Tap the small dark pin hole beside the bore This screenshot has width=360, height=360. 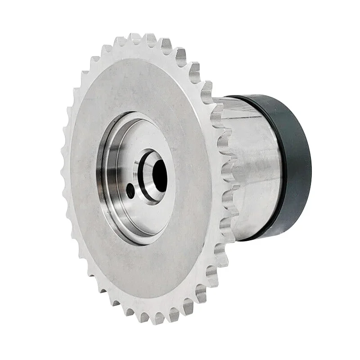click(130, 190)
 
